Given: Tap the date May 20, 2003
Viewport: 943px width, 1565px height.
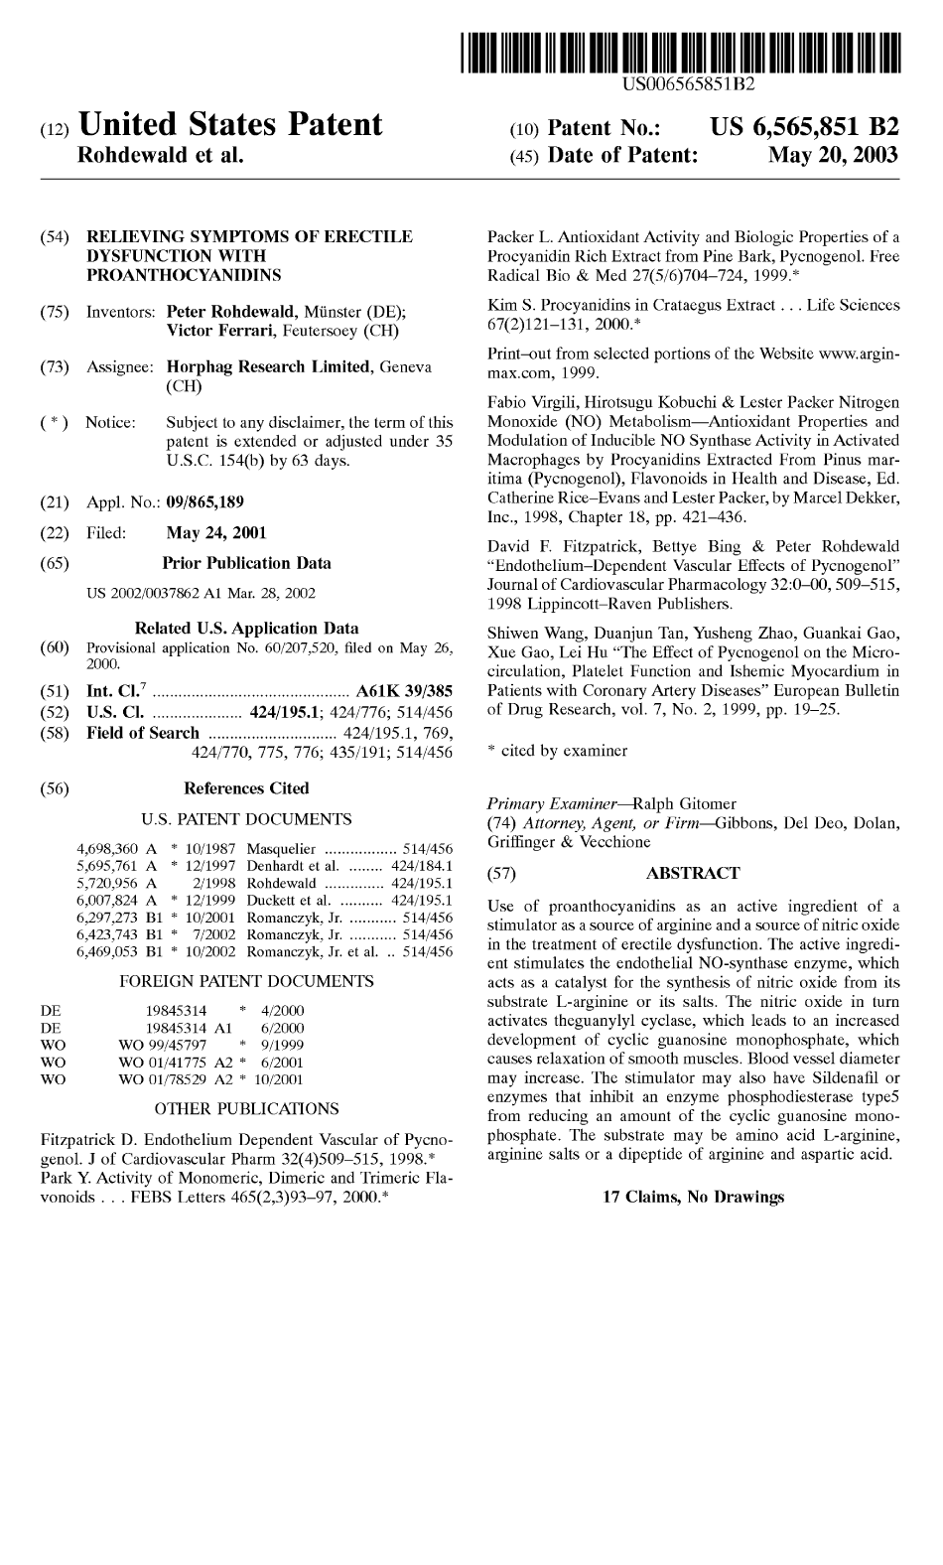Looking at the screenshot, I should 834,155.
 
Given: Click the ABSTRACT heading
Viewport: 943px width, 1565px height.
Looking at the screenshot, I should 693,874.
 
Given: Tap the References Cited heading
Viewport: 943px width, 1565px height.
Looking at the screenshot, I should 247,788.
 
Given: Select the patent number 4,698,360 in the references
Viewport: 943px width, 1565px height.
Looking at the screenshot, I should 108,849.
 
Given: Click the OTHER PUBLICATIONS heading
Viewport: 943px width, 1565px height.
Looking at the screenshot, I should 247,1108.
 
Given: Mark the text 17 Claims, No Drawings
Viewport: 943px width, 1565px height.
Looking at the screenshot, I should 693,1197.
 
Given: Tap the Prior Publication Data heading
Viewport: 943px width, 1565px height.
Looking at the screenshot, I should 246,563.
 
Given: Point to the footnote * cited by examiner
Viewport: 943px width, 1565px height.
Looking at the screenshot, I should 558,752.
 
